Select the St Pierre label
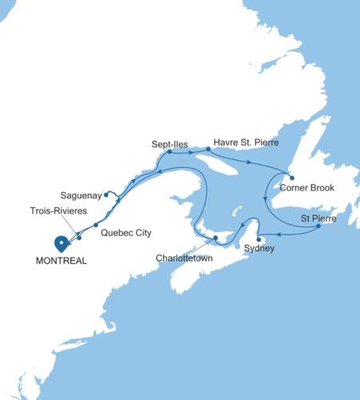point(317,218)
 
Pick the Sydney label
point(261,249)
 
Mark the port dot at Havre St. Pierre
point(209,150)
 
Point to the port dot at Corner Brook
point(291,178)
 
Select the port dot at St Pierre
point(318,226)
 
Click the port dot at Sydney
point(258,238)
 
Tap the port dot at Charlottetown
point(215,238)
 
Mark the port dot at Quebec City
point(96,224)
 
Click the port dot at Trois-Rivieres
point(78,236)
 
